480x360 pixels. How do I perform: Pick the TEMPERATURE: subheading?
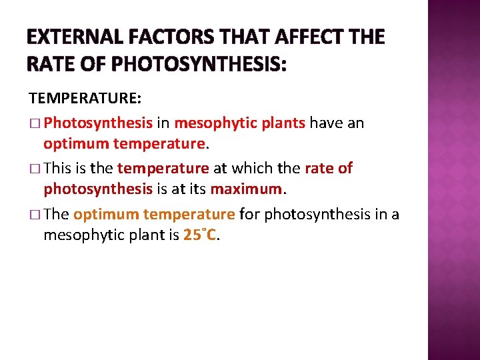point(85,98)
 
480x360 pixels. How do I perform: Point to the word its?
point(196,189)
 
